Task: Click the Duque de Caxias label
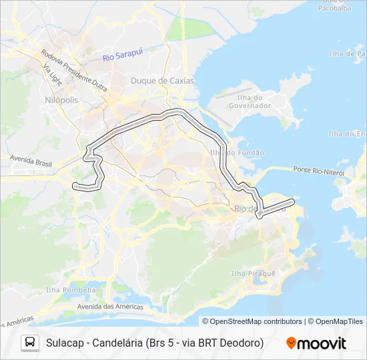pos(162,81)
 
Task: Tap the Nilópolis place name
pos(60,99)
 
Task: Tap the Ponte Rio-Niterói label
pos(318,171)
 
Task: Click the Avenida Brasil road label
pos(30,161)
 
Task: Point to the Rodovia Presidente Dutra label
pos(74,69)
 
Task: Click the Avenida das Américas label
pos(110,307)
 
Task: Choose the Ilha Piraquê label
pos(253,273)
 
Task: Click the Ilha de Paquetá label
pos(348,53)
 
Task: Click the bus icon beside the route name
pos(30,343)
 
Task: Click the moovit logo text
pos(322,343)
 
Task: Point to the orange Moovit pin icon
pos(291,343)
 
